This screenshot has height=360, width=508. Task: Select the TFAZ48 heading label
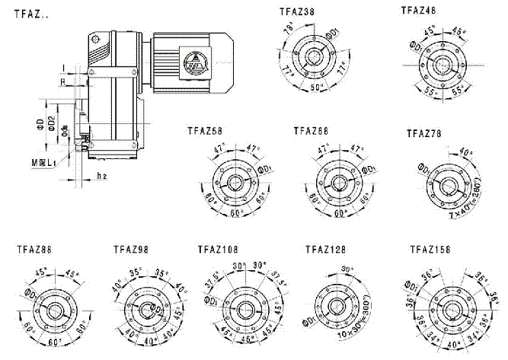pyautogui.click(x=419, y=10)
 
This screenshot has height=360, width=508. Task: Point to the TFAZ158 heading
pyautogui.click(x=430, y=248)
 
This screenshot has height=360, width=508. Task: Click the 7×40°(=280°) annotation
pyautogui.click(x=455, y=214)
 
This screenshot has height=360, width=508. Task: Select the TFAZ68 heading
pyautogui.click(x=312, y=131)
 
